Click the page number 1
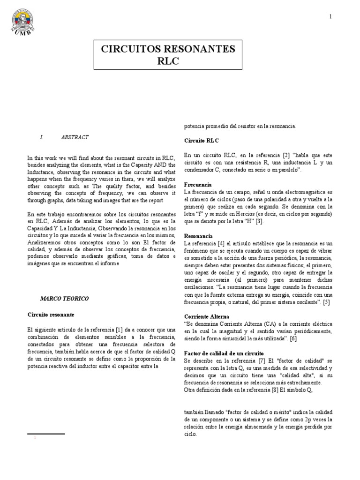point(330,17)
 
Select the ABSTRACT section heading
point(75,137)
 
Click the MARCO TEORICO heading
point(64,298)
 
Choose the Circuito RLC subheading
point(201,140)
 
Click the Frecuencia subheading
point(198,185)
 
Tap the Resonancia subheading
point(198,236)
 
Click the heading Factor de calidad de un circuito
point(224,352)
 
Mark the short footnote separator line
point(46,434)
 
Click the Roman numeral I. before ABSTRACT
point(42,137)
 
